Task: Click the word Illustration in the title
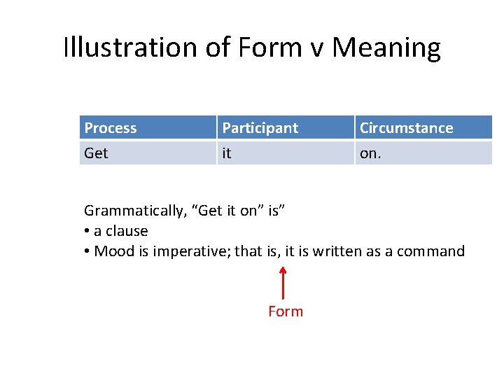pos(131,48)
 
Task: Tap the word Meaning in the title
pos(386,48)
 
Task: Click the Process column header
pos(110,128)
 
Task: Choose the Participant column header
pos(260,128)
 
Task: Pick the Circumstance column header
pos(406,128)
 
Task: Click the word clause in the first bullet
pos(127,231)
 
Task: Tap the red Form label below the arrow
pos(286,311)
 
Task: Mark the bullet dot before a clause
pos(87,232)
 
